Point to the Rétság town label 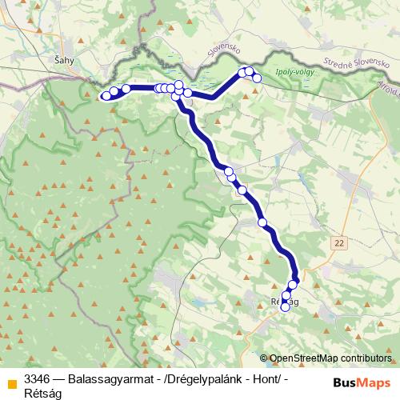click(285, 301)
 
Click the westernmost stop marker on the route click(106, 96)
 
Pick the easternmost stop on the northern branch click(256, 78)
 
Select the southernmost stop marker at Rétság click(285, 307)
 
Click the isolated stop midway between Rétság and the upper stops click(262, 222)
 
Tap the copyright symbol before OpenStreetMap click(264, 358)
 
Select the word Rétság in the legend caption click(42, 391)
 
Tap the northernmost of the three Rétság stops click(293, 284)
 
